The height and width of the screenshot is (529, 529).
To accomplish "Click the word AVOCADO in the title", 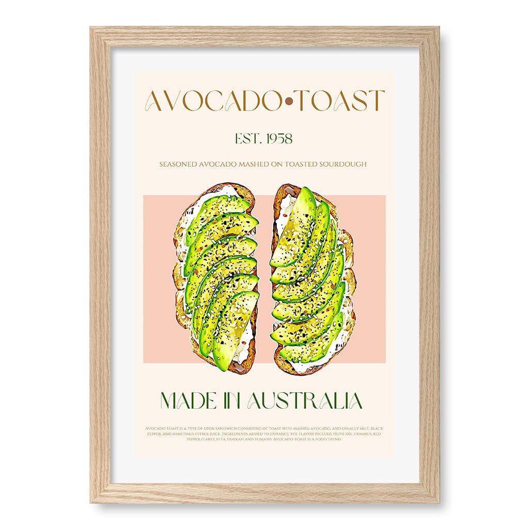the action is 202,101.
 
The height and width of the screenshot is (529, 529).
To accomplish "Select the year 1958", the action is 277,138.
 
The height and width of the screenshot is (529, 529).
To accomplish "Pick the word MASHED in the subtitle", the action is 252,164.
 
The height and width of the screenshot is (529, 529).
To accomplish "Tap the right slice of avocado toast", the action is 313,279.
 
